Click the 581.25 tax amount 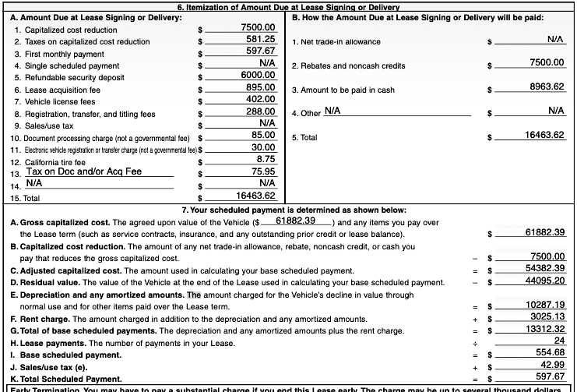(259, 39)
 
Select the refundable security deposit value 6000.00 (258, 74)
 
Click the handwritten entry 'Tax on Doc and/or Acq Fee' (84, 171)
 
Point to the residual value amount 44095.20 (545, 281)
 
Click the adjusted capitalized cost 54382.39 (545, 268)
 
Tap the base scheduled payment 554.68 (551, 352)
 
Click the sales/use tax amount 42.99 (553, 365)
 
